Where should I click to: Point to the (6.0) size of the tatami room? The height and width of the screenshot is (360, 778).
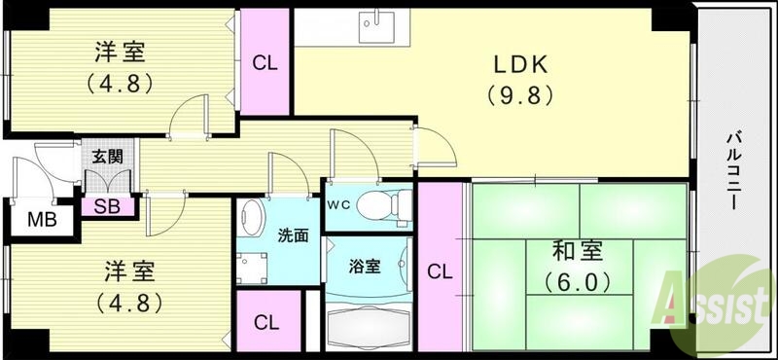tap(579, 283)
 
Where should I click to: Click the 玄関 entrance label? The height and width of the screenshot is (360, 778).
tap(107, 156)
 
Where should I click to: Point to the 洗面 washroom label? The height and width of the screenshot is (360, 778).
tap(294, 235)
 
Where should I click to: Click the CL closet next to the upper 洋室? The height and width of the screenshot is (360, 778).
tap(265, 63)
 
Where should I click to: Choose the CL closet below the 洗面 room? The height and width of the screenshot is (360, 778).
tap(265, 321)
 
